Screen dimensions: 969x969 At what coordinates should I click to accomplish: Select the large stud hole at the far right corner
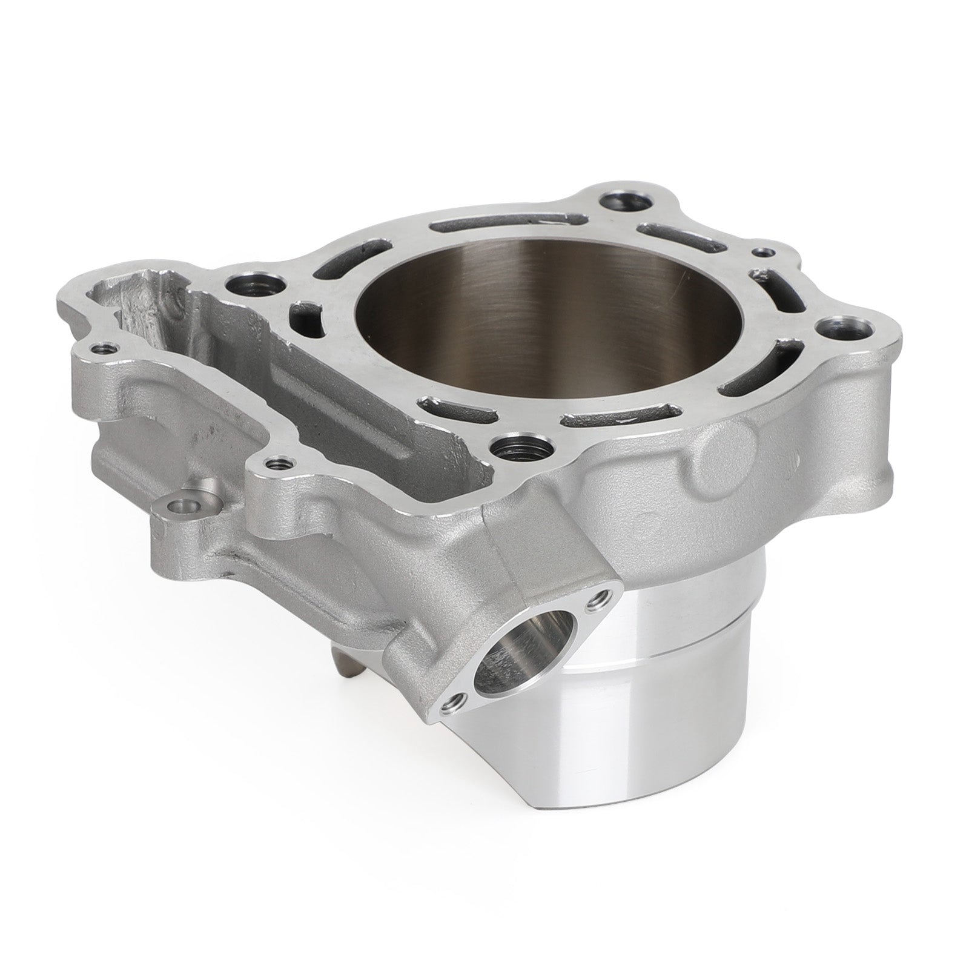[x=844, y=328]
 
